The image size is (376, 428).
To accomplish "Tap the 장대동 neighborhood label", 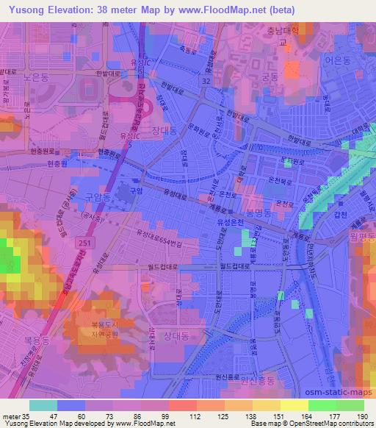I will pyautogui.click(x=167, y=131).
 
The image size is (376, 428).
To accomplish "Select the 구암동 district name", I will pyautogui.click(x=96, y=197).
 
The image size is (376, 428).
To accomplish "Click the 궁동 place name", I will pyautogui.click(x=271, y=75).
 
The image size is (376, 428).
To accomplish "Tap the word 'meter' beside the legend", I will pyautogui.click(x=12, y=416).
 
